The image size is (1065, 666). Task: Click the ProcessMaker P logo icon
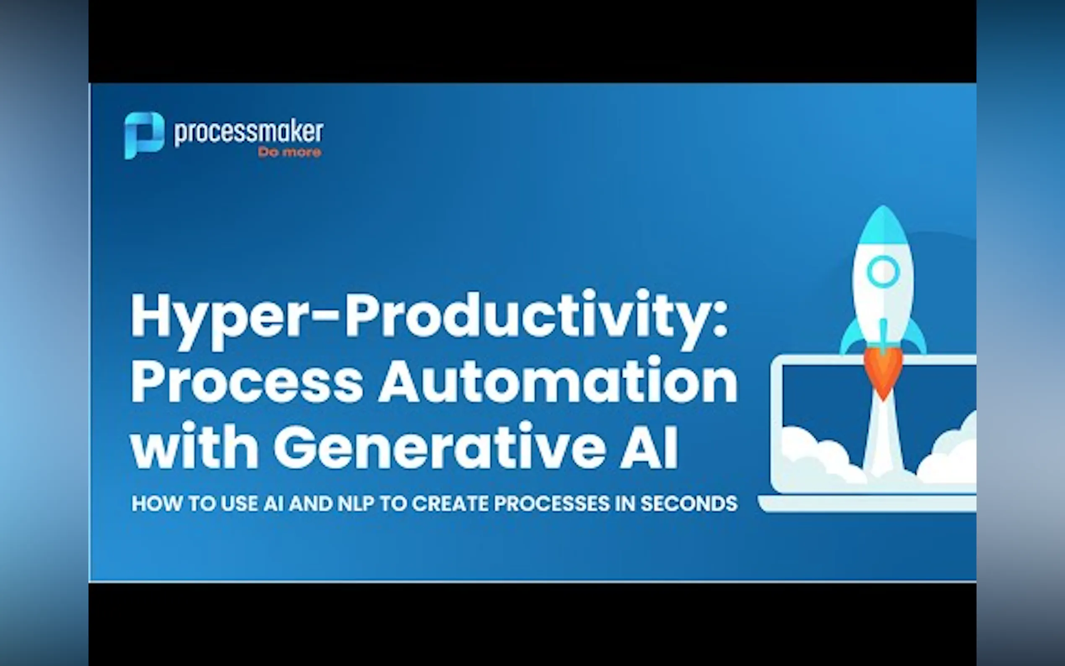[144, 135]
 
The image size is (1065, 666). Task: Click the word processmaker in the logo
[249, 132]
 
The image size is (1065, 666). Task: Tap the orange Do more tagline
[290, 152]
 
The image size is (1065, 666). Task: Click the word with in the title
[194, 446]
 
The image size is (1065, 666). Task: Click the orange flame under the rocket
[883, 372]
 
